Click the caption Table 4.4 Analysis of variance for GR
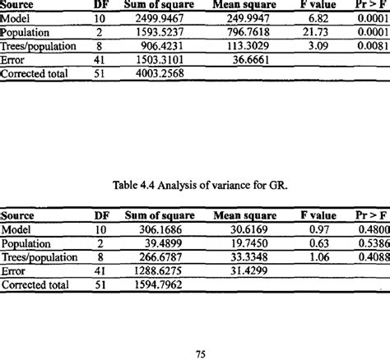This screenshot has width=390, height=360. coord(194,186)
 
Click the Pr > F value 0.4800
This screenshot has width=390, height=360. coord(372,229)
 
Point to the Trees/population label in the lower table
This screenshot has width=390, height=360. coord(37,257)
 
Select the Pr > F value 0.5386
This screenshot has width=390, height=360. coord(372,243)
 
